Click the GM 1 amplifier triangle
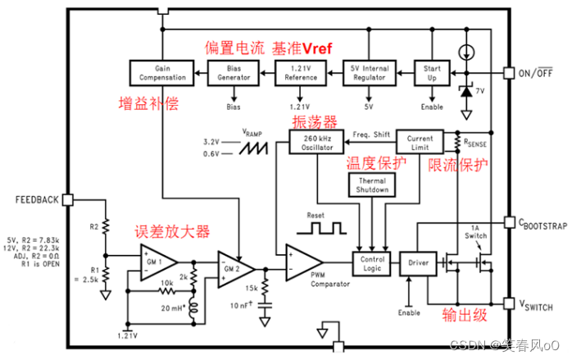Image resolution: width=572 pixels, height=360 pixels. (157, 261)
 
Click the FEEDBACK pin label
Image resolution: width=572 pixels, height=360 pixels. (37, 199)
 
